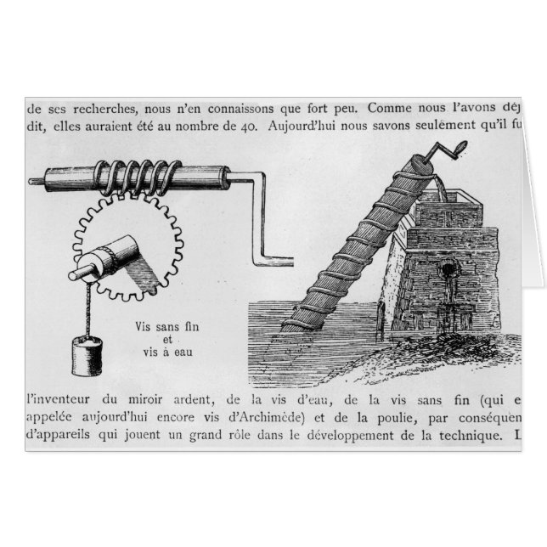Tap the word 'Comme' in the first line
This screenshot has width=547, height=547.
[396, 109]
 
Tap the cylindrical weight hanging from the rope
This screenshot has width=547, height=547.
[86, 357]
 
